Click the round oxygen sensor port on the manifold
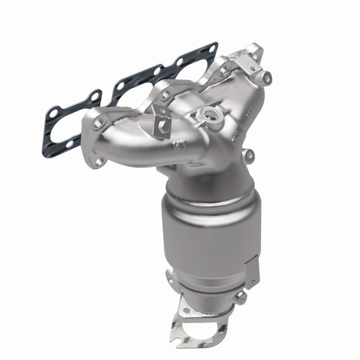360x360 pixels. pyautogui.click(x=210, y=115)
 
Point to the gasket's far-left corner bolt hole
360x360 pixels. pyautogui.click(x=54, y=111)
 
